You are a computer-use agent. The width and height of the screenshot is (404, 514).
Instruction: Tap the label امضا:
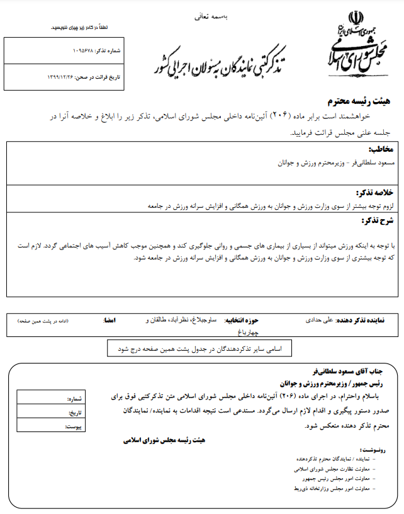109,321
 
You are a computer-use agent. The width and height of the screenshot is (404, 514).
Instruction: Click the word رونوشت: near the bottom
371,450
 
